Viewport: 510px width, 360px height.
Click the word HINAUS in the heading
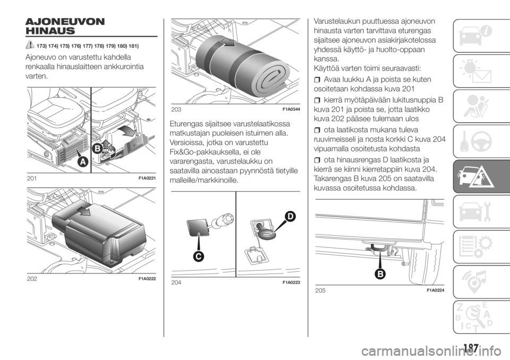click(x=50, y=31)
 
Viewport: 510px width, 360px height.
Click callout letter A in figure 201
click(x=83, y=161)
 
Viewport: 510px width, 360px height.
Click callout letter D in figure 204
click(x=290, y=217)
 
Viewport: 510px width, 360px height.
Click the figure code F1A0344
click(x=291, y=109)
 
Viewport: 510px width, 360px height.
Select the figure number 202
click(x=32, y=279)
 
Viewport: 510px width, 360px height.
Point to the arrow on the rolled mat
click(x=229, y=41)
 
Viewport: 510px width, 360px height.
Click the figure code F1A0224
click(x=435, y=290)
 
